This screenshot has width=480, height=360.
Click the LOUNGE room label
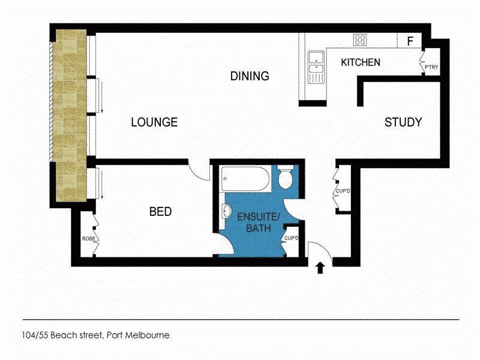(x=154, y=122)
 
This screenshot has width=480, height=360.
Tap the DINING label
(x=250, y=76)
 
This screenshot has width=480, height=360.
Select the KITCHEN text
(x=361, y=62)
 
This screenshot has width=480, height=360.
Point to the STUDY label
(x=403, y=122)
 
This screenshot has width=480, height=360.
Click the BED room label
(x=160, y=212)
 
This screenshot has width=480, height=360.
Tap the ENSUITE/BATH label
(x=259, y=222)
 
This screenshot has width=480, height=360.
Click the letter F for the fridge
(x=410, y=41)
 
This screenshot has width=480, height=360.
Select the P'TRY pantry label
(x=431, y=67)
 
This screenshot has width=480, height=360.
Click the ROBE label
(x=88, y=238)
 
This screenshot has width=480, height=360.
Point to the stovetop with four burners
(x=360, y=40)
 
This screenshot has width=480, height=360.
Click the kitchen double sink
(x=316, y=67)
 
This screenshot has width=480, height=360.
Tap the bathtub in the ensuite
(x=245, y=179)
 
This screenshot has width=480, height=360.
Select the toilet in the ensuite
(x=286, y=177)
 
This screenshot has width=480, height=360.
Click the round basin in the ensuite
(x=227, y=211)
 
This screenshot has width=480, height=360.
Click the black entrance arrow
(x=320, y=268)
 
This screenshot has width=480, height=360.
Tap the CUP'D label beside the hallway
(x=343, y=191)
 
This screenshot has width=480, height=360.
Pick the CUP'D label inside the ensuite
(x=291, y=238)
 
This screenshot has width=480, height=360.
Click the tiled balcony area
(x=70, y=116)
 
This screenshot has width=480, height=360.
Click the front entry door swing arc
(x=325, y=247)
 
